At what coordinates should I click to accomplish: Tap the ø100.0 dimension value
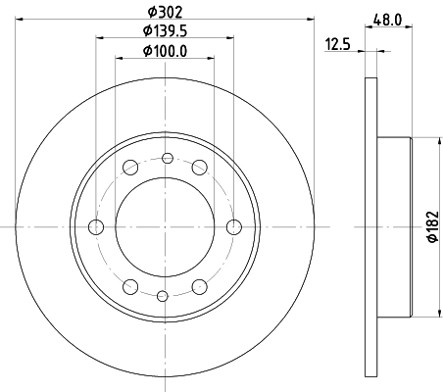pyautogui.click(x=165, y=50)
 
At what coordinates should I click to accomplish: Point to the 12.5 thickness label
pyautogui.click(x=338, y=43)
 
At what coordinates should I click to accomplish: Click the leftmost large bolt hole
pyautogui.click(x=96, y=227)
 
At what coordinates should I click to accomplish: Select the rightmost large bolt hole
pyautogui.click(x=233, y=227)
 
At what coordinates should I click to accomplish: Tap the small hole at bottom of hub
pyautogui.click(x=165, y=296)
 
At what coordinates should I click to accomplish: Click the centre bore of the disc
pyautogui.click(x=165, y=227)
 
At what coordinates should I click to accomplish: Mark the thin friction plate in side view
pyautogui.click(x=370, y=227)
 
